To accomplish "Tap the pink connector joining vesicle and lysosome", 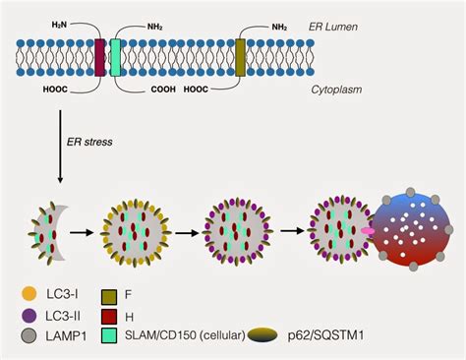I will click(367, 230).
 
